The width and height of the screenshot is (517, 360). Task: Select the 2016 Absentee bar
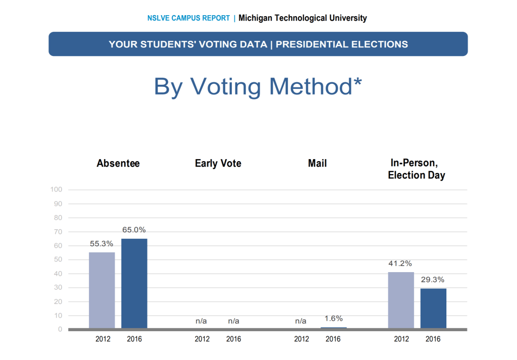[134, 283]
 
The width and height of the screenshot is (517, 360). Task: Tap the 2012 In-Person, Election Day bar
[401, 300]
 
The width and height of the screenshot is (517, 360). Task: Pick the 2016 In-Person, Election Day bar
[433, 308]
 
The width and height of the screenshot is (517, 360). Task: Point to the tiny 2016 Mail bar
[333, 328]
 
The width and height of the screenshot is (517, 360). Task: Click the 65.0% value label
[134, 230]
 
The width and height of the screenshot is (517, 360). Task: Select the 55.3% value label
[101, 243]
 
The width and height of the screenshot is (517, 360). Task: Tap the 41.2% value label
[400, 263]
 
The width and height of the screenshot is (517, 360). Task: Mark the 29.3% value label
[433, 280]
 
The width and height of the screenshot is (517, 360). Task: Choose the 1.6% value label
[333, 318]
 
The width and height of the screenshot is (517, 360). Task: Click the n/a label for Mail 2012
[300, 321]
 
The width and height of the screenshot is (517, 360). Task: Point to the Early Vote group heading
[218, 164]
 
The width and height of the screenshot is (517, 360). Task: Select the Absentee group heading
[118, 164]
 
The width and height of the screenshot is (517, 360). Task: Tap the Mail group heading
[317, 164]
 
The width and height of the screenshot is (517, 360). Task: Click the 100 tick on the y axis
[56, 190]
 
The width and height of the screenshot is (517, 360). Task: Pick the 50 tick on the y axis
[58, 260]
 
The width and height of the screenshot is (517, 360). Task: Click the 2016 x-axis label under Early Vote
[234, 339]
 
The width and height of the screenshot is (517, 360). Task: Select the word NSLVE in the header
[158, 18]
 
